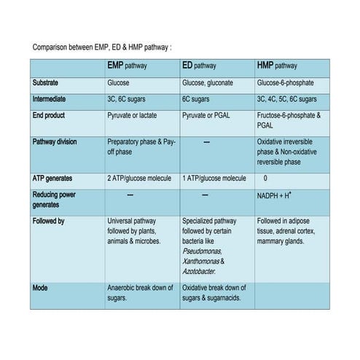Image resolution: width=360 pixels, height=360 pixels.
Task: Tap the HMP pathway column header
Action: click(277, 66)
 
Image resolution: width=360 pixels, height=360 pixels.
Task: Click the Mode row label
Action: click(42, 288)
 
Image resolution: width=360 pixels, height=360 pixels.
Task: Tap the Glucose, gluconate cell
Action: click(211, 83)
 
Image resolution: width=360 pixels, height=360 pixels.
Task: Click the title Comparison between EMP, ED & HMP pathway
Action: click(102, 47)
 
